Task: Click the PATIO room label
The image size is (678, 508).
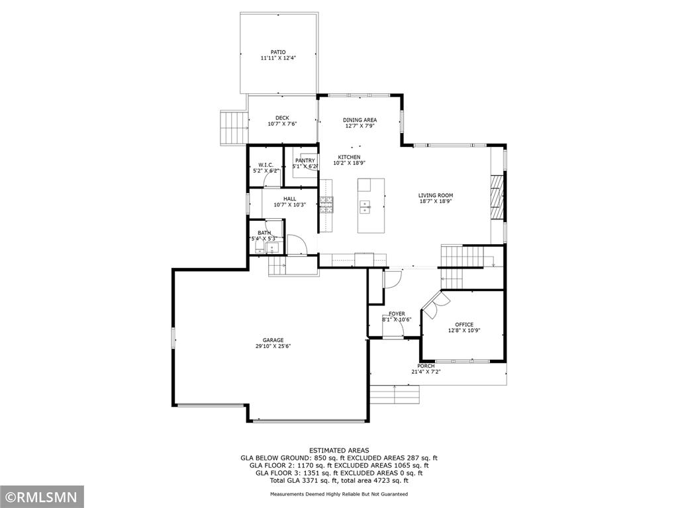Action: pyautogui.click(x=278, y=52)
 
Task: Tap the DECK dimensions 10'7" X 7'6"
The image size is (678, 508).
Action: pyautogui.click(x=282, y=124)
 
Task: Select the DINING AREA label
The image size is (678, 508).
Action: pyautogui.click(x=360, y=120)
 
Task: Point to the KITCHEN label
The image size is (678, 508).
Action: pyautogui.click(x=349, y=157)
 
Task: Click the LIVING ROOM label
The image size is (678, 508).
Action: pyautogui.click(x=436, y=195)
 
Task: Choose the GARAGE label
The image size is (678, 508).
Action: pyautogui.click(x=273, y=340)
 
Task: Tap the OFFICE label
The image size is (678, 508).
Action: pyautogui.click(x=464, y=324)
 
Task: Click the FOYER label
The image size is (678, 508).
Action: pyautogui.click(x=397, y=314)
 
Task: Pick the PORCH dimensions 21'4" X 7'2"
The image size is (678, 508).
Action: pyautogui.click(x=426, y=372)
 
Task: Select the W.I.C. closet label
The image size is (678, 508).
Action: pyautogui.click(x=266, y=165)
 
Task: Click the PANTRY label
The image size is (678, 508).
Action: pyautogui.click(x=305, y=161)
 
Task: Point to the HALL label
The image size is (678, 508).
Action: pyautogui.click(x=290, y=198)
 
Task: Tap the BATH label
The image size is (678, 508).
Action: pyautogui.click(x=264, y=233)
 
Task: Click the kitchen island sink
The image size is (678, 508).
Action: pyautogui.click(x=365, y=207)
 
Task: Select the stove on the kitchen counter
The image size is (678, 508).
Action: pyautogui.click(x=326, y=205)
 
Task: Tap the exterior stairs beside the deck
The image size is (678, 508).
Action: pyautogui.click(x=234, y=128)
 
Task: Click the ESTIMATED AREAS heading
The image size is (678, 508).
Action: pyautogui.click(x=339, y=450)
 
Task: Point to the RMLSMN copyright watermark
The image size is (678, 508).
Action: pyautogui.click(x=42, y=496)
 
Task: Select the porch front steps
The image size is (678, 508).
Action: pyautogui.click(x=395, y=394)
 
